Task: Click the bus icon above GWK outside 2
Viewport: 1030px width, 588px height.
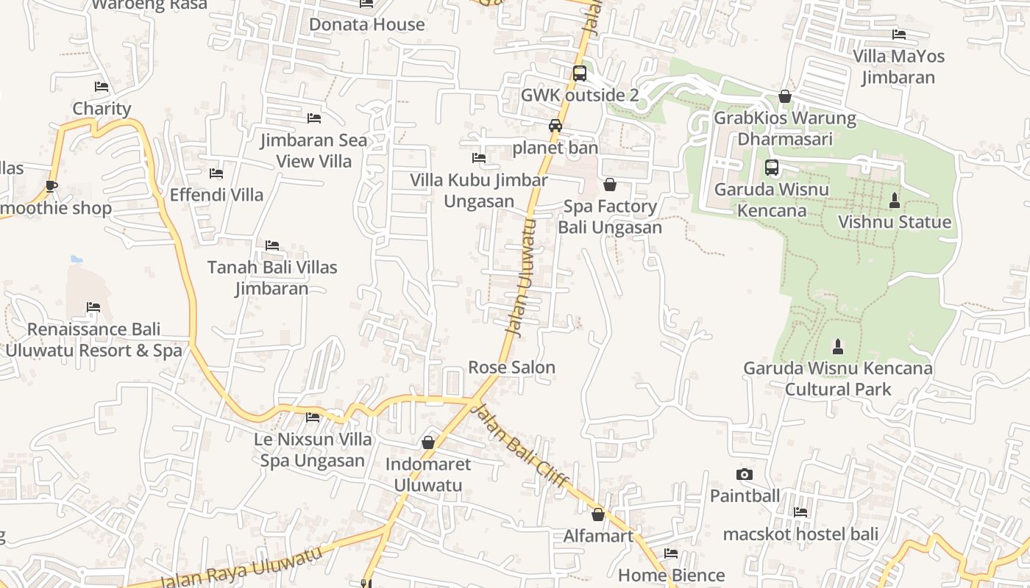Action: tap(580, 73)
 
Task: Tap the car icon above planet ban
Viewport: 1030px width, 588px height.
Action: tap(555, 126)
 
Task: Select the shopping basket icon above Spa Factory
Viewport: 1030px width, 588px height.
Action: tap(609, 184)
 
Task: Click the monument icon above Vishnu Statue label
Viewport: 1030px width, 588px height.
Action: tap(895, 200)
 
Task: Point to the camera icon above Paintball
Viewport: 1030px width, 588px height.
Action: tap(745, 475)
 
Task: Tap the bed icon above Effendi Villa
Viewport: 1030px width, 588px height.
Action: tap(216, 173)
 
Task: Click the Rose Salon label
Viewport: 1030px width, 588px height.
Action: tap(511, 367)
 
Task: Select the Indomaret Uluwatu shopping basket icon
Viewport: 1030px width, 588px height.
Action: tap(428, 442)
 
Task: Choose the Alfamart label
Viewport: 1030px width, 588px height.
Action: tap(598, 536)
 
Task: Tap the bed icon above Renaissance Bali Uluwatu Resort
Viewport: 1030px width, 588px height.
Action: tap(93, 307)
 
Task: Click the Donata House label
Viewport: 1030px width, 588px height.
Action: tap(366, 24)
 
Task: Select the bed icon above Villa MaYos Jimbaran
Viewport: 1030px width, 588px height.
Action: tap(898, 34)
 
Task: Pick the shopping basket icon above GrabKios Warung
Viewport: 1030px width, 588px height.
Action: tap(785, 96)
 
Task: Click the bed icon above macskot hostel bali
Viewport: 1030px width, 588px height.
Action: tap(800, 512)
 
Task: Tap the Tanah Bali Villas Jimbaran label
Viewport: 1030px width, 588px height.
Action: tap(272, 277)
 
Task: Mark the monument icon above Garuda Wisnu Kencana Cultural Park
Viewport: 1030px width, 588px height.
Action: tap(837, 346)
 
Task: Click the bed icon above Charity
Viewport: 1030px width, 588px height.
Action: tap(102, 87)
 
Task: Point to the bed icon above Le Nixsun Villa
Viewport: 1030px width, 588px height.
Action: tap(313, 417)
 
